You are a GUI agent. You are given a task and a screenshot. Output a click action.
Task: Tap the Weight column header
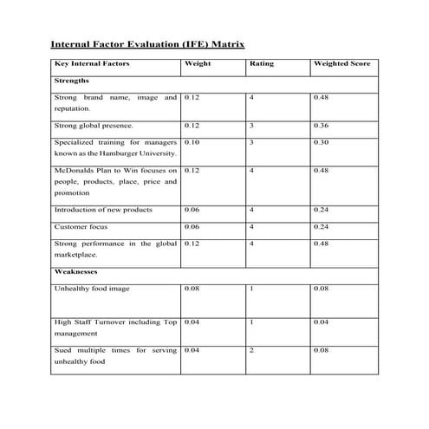click(x=198, y=65)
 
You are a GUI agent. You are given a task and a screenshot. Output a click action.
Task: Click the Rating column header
click(x=261, y=65)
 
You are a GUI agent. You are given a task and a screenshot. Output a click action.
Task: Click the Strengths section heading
click(x=71, y=81)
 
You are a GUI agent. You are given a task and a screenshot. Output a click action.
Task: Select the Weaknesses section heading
click(x=75, y=271)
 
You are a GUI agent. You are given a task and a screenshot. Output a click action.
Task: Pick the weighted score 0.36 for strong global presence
click(x=321, y=127)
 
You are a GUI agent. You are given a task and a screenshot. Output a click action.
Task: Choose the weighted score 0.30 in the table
click(x=321, y=142)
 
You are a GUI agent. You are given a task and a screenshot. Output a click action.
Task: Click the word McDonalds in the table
click(x=75, y=170)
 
